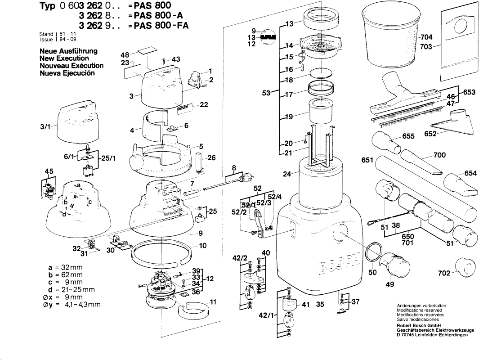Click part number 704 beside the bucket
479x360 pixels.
426,37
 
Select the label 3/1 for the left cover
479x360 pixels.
45,127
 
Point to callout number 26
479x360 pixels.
211,157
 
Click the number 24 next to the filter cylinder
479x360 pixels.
287,173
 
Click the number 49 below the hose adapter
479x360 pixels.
389,284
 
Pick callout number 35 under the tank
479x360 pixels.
320,305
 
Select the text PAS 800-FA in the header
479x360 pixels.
159,26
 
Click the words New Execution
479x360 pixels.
64,58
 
